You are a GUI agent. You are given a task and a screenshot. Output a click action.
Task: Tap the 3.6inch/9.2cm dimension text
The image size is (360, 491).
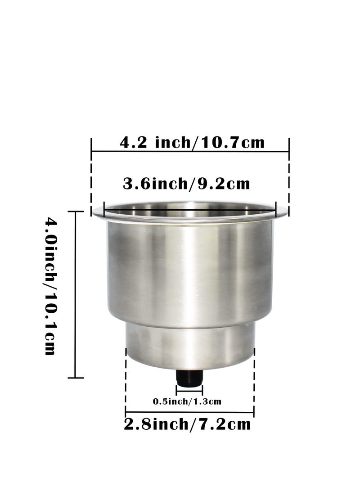point(186,184)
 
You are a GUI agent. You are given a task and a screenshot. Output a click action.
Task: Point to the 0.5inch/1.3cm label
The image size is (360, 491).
point(187,401)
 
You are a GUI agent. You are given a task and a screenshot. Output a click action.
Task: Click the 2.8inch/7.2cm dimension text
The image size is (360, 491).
point(188,424)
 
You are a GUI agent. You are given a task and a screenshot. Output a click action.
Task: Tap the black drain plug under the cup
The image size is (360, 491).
point(189,378)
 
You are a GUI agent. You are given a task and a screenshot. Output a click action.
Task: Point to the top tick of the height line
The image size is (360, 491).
point(76,212)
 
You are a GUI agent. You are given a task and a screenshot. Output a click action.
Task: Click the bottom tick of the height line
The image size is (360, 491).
point(76,378)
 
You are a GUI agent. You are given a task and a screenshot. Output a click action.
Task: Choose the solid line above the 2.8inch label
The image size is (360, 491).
point(189,411)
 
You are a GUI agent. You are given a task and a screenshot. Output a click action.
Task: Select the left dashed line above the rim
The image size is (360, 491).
point(92,180)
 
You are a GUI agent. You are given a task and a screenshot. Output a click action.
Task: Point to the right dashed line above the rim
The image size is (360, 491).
point(288,180)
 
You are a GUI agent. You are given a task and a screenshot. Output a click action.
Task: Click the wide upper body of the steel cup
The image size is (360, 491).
point(190,275)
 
